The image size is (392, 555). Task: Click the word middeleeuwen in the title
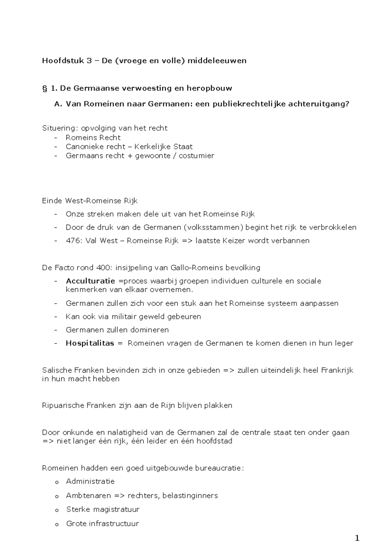217,61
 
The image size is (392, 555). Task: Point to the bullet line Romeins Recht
93,137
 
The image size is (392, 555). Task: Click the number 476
72,241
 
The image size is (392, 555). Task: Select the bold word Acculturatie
90,281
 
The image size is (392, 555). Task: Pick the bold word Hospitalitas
90,343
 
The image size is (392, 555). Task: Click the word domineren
150,330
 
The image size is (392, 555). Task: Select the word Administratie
90,481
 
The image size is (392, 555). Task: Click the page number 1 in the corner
357,538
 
